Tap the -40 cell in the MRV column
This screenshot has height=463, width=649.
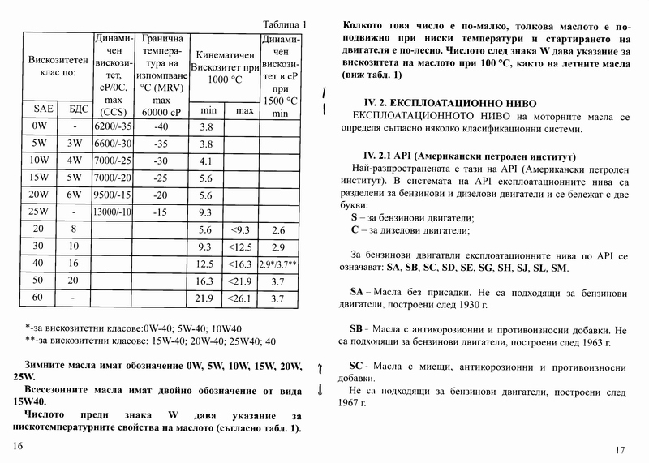pyautogui.click(x=161, y=127)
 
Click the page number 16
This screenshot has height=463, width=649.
pyautogui.click(x=19, y=447)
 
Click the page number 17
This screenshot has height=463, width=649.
pyautogui.click(x=621, y=450)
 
